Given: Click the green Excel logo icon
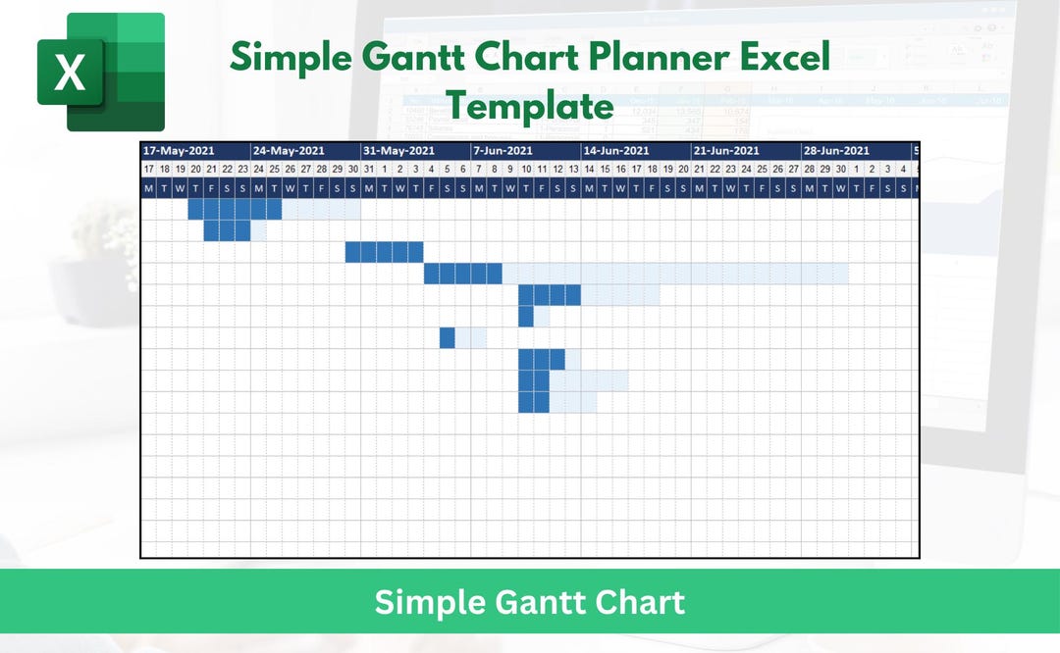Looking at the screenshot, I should [101, 72].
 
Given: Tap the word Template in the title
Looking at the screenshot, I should [530, 104].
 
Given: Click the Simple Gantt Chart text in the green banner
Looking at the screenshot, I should [530, 601].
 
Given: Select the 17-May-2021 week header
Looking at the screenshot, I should [180, 151].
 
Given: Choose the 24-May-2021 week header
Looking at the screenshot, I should [289, 151].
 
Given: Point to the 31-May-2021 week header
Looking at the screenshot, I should [398, 151].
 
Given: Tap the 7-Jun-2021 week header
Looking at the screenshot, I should [503, 151].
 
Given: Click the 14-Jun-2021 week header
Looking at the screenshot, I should [616, 151].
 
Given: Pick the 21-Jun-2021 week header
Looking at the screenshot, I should [726, 151].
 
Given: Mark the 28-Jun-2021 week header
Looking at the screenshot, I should [836, 151].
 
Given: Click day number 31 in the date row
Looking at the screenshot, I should [369, 170].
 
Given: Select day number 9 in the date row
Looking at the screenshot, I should [510, 170].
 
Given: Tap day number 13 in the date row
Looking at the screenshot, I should [573, 170].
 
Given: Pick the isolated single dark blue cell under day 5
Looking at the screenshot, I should [448, 337].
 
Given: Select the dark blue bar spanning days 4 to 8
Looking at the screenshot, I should [463, 274].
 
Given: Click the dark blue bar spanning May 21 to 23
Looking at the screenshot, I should [228, 230].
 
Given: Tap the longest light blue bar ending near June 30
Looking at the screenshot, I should [675, 274].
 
